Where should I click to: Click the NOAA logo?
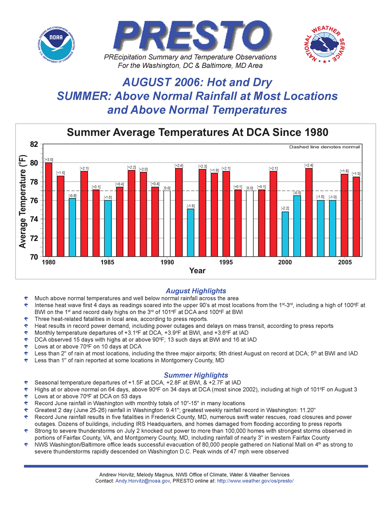click(56, 45)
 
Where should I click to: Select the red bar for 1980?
click(49, 209)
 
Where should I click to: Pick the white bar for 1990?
click(167, 224)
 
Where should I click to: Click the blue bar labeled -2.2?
click(285, 234)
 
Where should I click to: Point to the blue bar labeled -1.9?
click(190, 233)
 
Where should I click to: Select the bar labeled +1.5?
click(356, 217)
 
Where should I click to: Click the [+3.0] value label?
click(49, 160)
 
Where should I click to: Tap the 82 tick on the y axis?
click(34, 144)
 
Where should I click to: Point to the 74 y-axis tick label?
click(34, 219)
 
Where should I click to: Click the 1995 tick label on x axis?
click(226, 262)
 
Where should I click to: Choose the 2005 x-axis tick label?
click(345, 262)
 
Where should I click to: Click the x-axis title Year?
click(197, 271)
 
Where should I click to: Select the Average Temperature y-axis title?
click(22, 202)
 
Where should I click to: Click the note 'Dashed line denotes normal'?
click(324, 147)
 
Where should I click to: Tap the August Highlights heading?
click(196, 291)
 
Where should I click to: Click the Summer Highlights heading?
click(196, 375)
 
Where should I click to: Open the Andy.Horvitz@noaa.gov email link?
click(142, 481)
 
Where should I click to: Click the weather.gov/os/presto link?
click(255, 481)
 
